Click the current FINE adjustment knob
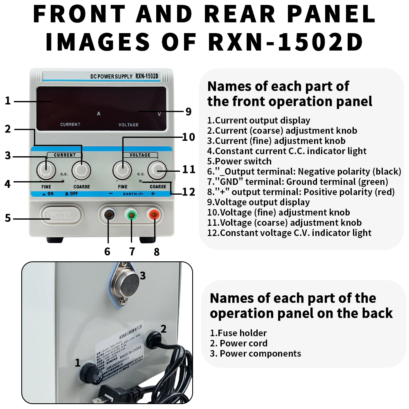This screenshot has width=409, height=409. [46, 169]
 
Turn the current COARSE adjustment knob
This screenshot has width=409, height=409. [82, 169]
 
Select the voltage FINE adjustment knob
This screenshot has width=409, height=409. [122, 169]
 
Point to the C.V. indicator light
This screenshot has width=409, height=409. [140, 180]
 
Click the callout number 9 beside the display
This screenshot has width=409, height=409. [188, 112]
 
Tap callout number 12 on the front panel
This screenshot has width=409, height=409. [189, 191]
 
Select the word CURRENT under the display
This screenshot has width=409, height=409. [70, 124]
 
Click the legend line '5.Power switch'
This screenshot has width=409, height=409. [239, 161]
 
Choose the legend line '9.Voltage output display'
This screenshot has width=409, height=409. [258, 202]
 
